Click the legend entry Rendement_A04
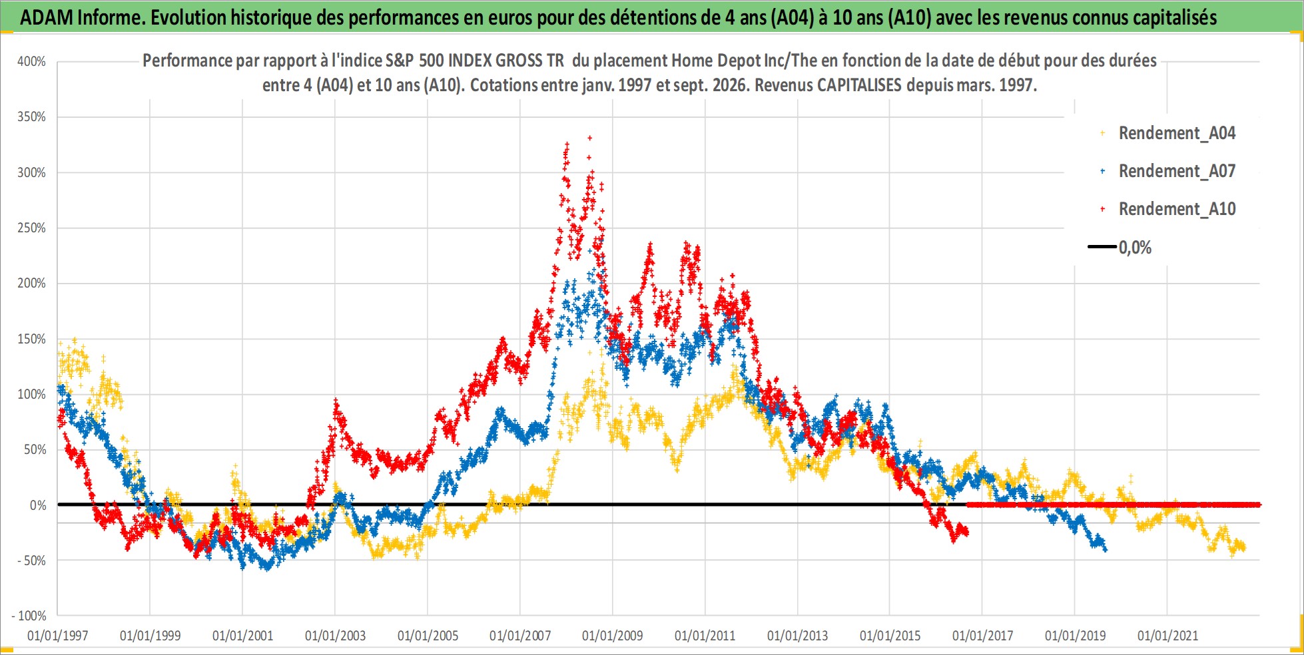(1177, 133)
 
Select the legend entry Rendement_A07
(1177, 171)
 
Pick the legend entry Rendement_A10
(1177, 209)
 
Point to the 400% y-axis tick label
(31, 61)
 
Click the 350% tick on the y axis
(31, 116)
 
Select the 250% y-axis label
(31, 228)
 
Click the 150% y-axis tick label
(31, 339)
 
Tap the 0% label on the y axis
(38, 505)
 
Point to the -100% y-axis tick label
(29, 616)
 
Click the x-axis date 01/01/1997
(58, 636)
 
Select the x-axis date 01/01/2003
(335, 636)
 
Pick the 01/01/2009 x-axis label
(613, 636)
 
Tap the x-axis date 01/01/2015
(890, 636)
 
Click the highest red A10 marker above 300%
(589, 138)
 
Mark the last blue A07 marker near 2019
(1106, 550)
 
